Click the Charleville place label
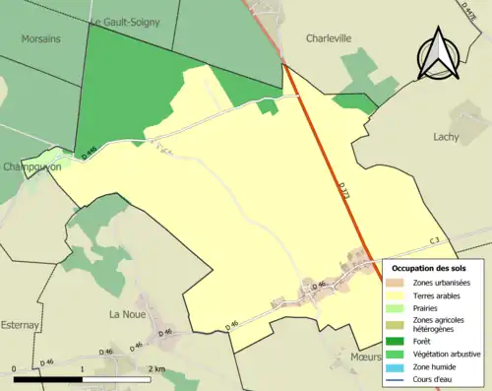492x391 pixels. (329, 39)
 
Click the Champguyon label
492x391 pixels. (31, 167)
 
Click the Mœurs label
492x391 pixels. (365, 357)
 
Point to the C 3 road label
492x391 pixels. (435, 241)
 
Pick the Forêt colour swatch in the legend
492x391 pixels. (400, 340)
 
